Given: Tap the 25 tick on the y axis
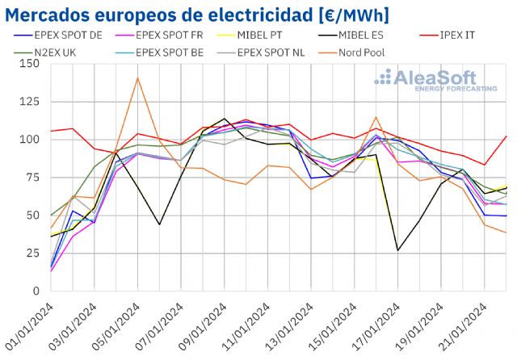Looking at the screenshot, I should pos(33,253).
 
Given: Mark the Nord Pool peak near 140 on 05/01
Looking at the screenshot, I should pos(137,78).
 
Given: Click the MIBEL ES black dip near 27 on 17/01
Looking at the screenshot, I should pos(398,250).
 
